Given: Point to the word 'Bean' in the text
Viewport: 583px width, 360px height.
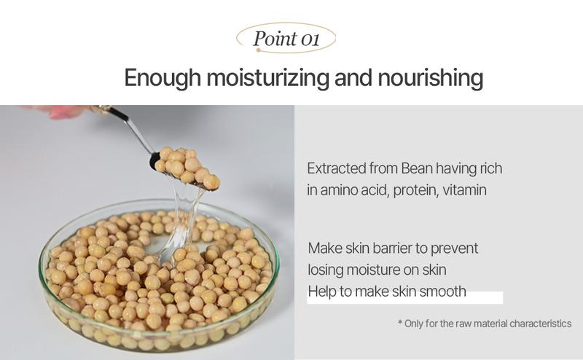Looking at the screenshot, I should (x=418, y=168).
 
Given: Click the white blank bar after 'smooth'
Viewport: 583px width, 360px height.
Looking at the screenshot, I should (x=485, y=297).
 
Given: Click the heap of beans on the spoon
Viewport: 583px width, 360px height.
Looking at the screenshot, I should (x=188, y=167).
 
